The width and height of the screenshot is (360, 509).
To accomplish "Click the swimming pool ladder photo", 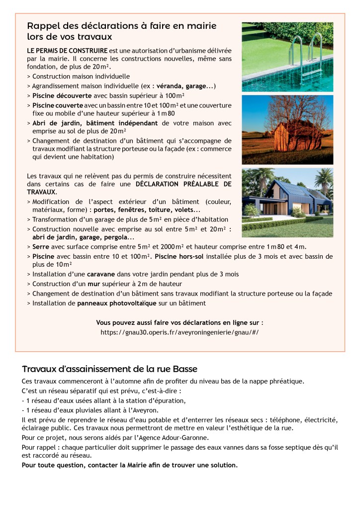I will point(287,56).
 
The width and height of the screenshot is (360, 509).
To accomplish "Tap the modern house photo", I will point(287,203).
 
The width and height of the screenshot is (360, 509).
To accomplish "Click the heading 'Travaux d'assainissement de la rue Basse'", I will point(109,369).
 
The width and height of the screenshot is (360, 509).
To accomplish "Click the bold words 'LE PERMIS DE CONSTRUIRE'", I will point(67,51).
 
